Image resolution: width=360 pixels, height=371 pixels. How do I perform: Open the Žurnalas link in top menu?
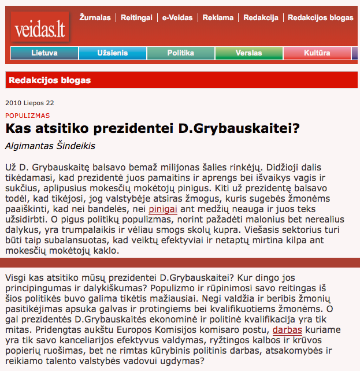pos(95,18)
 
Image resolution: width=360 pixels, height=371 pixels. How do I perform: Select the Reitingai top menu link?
pos(136,18)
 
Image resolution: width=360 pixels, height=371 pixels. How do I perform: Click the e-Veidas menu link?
pos(176,18)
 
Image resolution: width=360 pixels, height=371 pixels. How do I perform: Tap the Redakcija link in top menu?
pos(262,18)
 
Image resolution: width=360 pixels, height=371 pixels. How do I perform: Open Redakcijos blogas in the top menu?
pos(320,18)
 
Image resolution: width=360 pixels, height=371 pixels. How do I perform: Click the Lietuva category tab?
pos(44,53)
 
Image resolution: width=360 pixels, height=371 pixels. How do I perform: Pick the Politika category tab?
pos(180,53)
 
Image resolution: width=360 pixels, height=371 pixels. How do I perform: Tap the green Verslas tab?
pos(248,53)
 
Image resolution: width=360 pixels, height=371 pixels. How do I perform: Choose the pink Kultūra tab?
pos(317,53)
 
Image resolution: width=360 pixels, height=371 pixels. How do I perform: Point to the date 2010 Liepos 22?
pos(29,103)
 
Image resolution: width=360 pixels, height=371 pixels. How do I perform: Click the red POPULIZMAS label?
pos(27,116)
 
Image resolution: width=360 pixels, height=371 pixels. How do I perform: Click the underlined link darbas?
pos(287,330)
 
